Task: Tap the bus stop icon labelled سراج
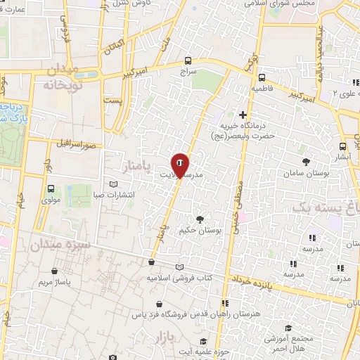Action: pos(188,61)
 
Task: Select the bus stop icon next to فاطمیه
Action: pos(262,78)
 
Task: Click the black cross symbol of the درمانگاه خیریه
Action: pos(243,115)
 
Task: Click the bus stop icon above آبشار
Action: pos(342,147)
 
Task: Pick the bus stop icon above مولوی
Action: pos(51,188)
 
